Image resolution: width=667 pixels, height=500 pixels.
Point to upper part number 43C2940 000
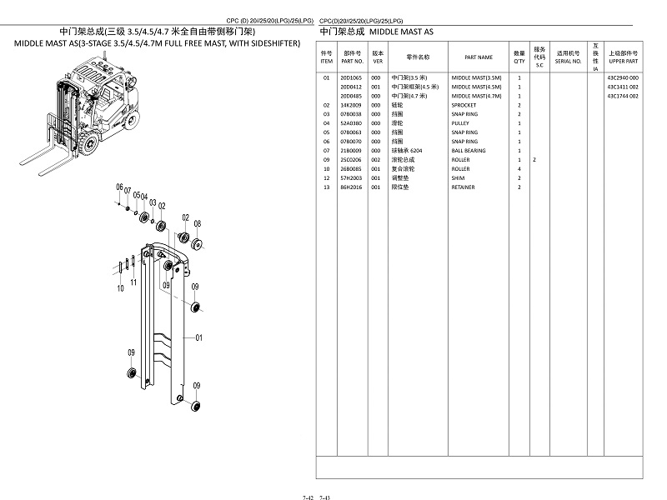point(623,77)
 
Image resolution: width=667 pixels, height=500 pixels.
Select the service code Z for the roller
point(534,160)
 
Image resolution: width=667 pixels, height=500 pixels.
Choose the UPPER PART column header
point(623,61)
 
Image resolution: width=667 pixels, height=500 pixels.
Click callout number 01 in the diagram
point(198,338)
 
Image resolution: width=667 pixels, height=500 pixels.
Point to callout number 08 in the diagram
point(198,223)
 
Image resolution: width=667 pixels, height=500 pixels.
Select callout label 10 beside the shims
point(121,288)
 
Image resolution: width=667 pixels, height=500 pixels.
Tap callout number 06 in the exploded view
point(119,187)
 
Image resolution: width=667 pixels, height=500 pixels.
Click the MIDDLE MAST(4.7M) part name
point(476,96)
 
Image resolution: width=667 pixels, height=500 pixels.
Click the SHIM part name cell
point(458,178)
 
